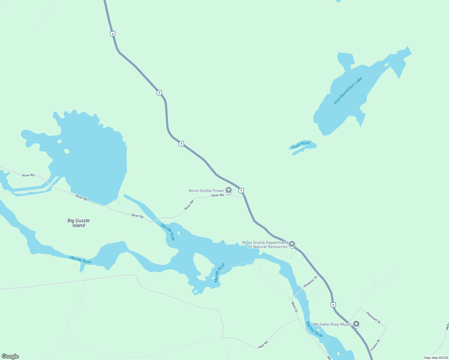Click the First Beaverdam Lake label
[x=348, y=91]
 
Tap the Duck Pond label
[x=300, y=145]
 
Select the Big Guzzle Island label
[x=79, y=223]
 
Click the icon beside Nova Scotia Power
[x=229, y=190]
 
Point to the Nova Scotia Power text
[x=206, y=190]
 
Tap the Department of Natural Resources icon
[x=292, y=244]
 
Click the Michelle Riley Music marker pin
[x=356, y=324]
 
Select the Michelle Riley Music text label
[x=332, y=324]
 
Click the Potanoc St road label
[x=310, y=282]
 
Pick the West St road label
[x=294, y=307]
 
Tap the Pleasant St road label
[x=373, y=318]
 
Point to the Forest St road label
[x=375, y=345]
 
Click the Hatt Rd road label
[x=263, y=345]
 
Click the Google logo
[x=10, y=356]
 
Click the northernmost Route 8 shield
[x=113, y=34]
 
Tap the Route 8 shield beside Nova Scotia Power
[x=241, y=190]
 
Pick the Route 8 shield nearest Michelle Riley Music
[x=333, y=305]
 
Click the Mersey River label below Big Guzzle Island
[x=80, y=260]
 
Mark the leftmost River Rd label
[x=28, y=175]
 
